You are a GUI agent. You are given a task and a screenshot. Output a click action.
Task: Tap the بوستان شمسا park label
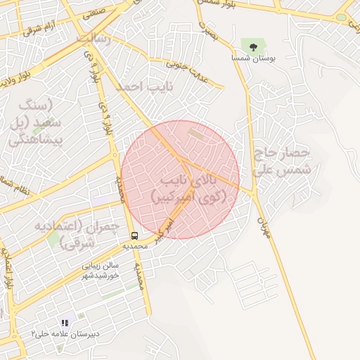[x=253, y=59]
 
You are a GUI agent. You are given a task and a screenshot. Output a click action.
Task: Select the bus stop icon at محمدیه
[x=134, y=236]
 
